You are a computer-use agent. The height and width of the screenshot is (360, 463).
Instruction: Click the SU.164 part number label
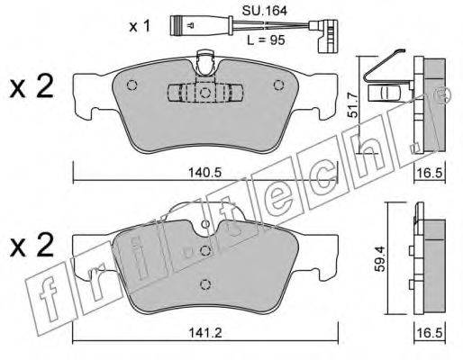pos(265,11)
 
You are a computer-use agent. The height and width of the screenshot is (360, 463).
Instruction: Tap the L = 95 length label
pos(266,40)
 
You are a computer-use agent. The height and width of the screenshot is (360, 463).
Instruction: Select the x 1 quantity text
pos(140,27)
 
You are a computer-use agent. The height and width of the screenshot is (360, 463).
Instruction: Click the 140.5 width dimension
pos(204,173)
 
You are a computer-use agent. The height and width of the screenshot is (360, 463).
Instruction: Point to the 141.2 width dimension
pos(205,333)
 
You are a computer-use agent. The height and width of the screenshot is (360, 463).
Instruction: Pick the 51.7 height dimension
pos(353,104)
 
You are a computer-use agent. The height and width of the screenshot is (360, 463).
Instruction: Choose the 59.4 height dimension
pos(381,259)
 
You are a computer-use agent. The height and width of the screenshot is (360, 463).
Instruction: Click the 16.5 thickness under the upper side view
pos(430,173)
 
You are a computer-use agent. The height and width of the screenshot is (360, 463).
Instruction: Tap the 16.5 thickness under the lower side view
pos(430,333)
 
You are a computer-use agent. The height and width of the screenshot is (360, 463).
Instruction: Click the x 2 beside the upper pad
pos(32,87)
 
